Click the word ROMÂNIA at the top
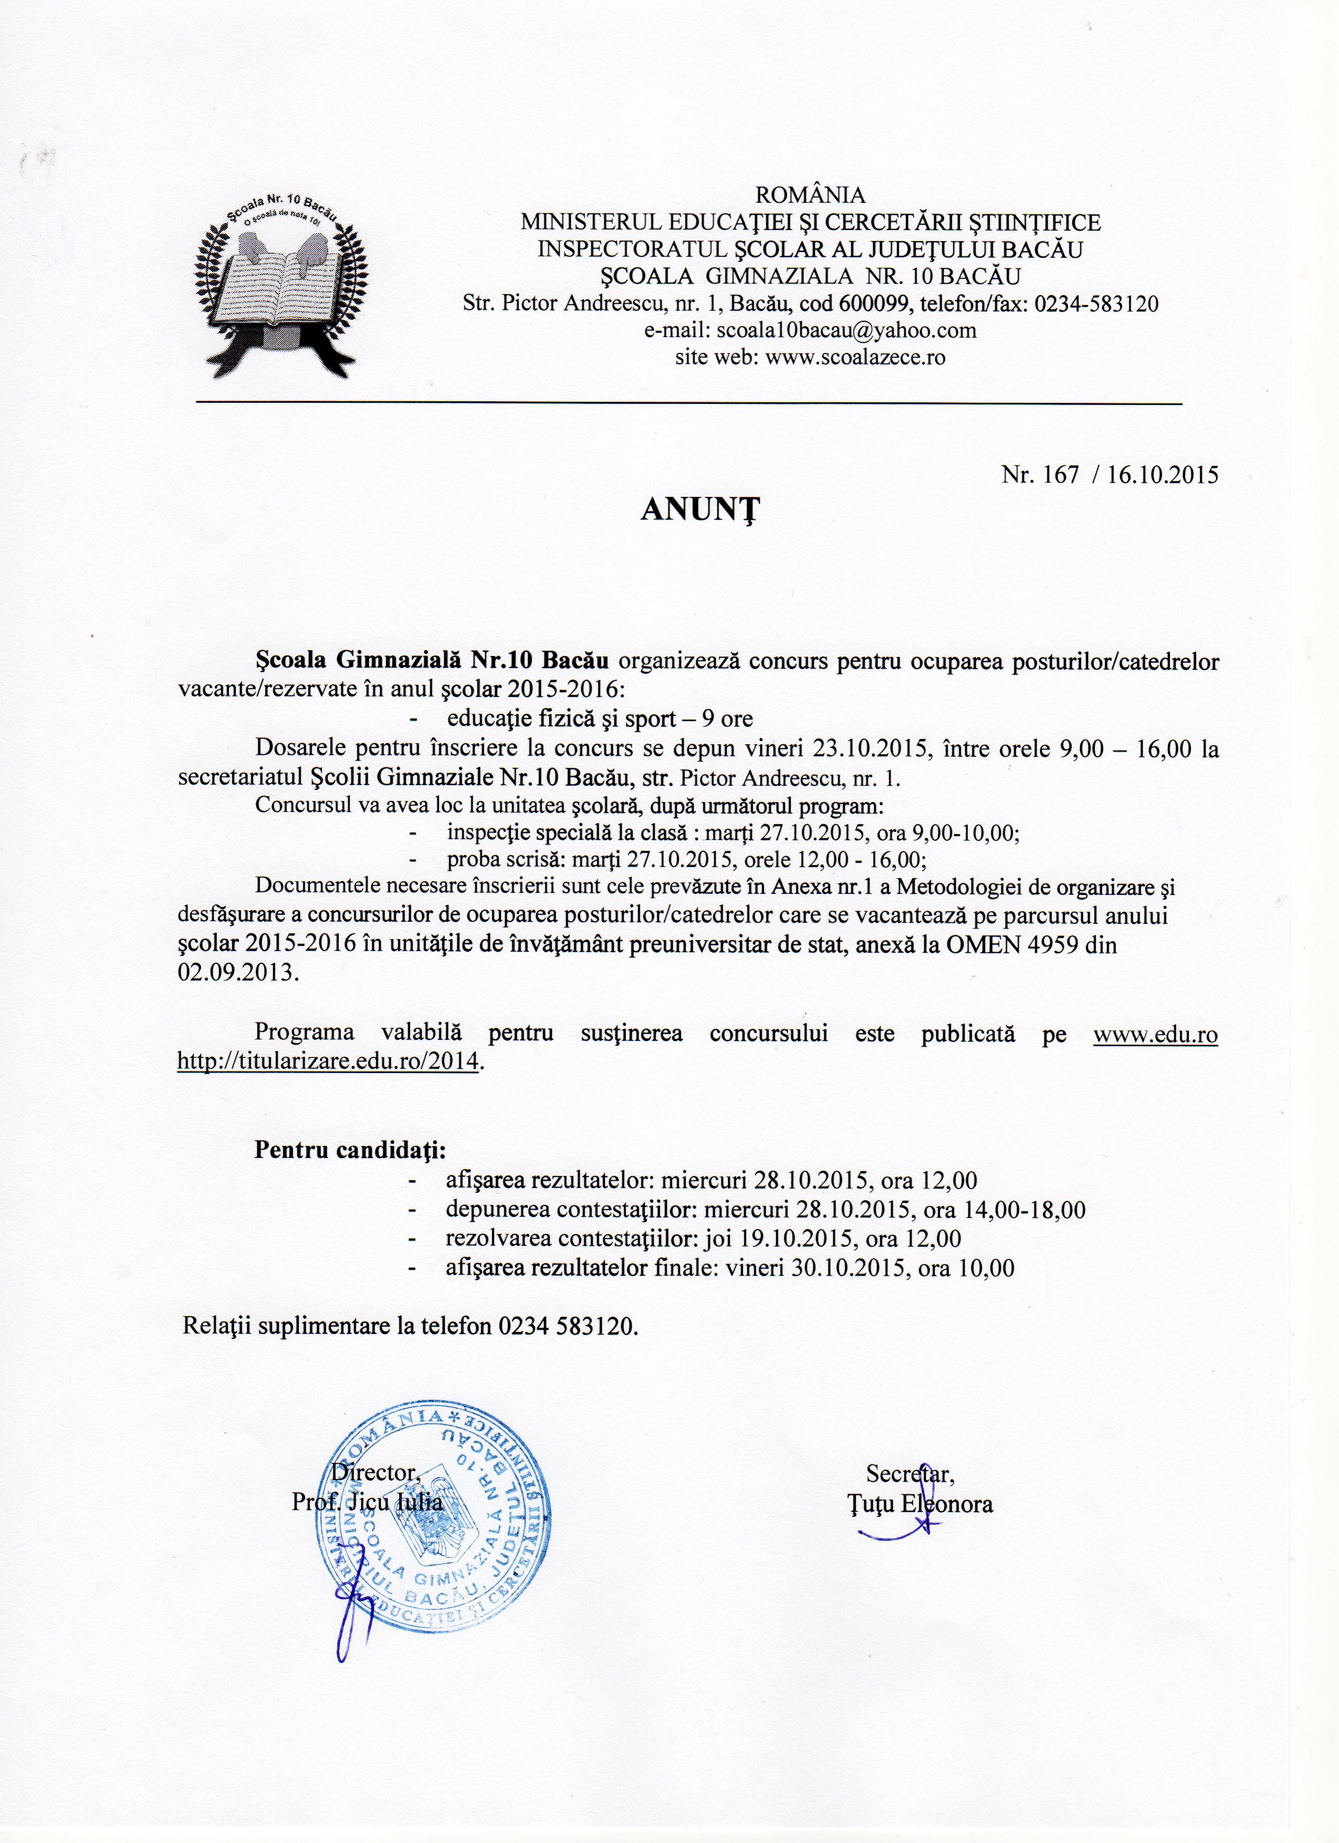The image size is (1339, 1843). (810, 195)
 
